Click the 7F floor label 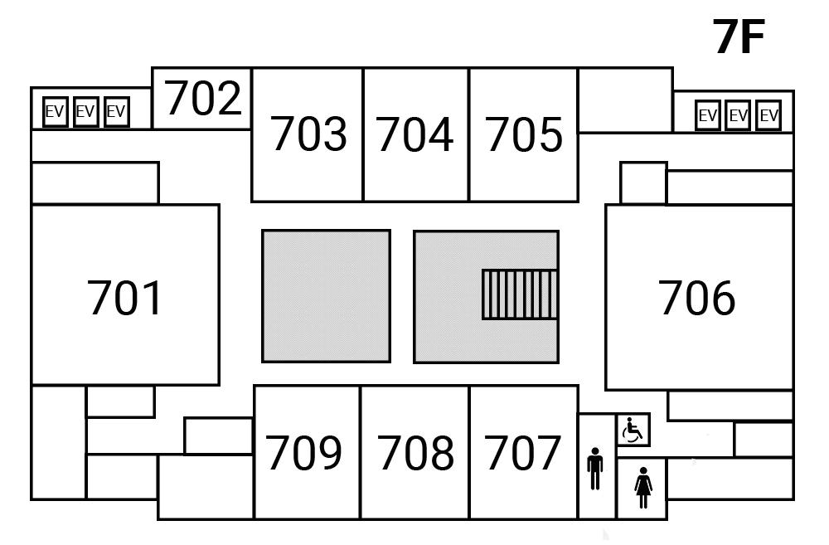[738, 36]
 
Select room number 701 [125, 299]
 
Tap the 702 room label [203, 98]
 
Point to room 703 [308, 134]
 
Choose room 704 [415, 134]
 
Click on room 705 [523, 134]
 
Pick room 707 [523, 453]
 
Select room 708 [416, 453]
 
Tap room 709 [304, 453]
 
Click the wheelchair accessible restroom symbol [633, 431]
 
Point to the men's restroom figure [594, 469]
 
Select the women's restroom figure [643, 488]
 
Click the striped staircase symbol [520, 294]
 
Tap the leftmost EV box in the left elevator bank [55, 111]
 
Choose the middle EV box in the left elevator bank [85, 111]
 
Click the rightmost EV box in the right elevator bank [769, 115]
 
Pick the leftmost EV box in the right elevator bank [707, 115]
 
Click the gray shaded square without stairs [326, 296]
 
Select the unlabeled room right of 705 [625, 100]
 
